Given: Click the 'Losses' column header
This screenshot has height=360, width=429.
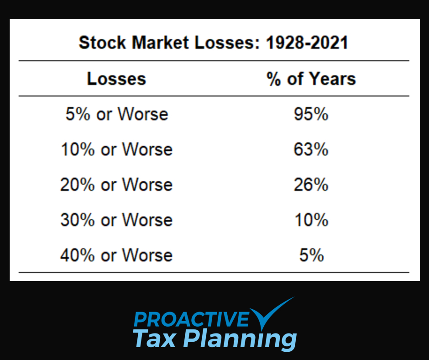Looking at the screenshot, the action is tap(116, 79).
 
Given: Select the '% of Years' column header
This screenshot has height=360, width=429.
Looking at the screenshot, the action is tap(311, 79).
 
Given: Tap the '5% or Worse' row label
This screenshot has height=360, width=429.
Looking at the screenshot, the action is tap(116, 114).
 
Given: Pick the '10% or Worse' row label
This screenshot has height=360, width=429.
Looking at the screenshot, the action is tap(116, 149).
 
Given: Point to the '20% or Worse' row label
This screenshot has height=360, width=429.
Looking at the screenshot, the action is tap(116, 185).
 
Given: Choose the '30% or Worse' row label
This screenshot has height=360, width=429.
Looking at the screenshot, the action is tap(116, 220).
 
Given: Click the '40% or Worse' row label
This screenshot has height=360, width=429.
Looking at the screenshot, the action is tap(116, 255).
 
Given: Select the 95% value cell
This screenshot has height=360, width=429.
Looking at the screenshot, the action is tap(311, 114).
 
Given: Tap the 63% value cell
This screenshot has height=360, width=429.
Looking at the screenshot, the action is tap(311, 149).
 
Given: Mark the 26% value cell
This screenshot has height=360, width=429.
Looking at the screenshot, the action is tap(311, 185).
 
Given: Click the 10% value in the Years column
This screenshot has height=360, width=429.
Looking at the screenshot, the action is tap(311, 220).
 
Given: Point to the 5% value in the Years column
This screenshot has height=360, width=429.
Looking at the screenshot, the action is tap(311, 255).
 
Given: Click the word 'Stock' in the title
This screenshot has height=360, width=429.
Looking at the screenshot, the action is tap(103, 43).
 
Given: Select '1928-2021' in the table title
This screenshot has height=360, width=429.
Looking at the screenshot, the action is tap(307, 43).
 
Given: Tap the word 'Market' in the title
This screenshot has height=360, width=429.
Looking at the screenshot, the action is tap(160, 43).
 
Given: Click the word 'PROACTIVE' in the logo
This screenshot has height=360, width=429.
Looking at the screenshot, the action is tap(191, 319).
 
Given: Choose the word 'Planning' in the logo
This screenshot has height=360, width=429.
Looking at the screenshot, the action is tap(242, 339).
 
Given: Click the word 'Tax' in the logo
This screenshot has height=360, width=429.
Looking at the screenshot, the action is tap(154, 339).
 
